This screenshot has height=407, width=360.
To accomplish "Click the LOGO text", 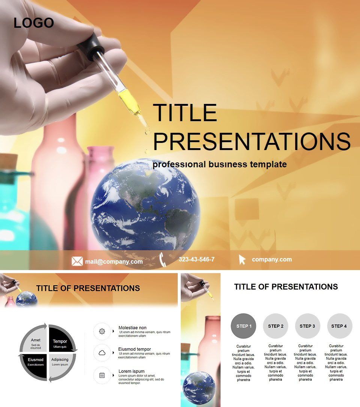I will pos(34,23).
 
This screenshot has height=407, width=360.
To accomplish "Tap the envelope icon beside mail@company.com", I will pos(77,261).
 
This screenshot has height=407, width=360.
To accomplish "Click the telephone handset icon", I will pos(163,260).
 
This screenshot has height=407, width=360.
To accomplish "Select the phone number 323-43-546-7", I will pos(196,260).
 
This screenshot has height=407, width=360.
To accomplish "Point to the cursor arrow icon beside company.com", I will pos(242,260).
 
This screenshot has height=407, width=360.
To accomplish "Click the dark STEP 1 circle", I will pos(244,326).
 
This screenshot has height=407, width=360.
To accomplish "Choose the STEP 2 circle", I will pos(276,326).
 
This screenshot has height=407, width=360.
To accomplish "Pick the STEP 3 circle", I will pos(307,326).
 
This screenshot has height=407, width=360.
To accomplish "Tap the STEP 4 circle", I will pos(339,326).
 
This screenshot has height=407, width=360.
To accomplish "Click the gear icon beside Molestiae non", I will pos(102,331).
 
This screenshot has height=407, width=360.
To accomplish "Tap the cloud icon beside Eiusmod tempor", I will pos(102,353).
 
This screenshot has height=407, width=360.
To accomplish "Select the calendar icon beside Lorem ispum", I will pos(102,375).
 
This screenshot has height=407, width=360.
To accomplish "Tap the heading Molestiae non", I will pos(132,327).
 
